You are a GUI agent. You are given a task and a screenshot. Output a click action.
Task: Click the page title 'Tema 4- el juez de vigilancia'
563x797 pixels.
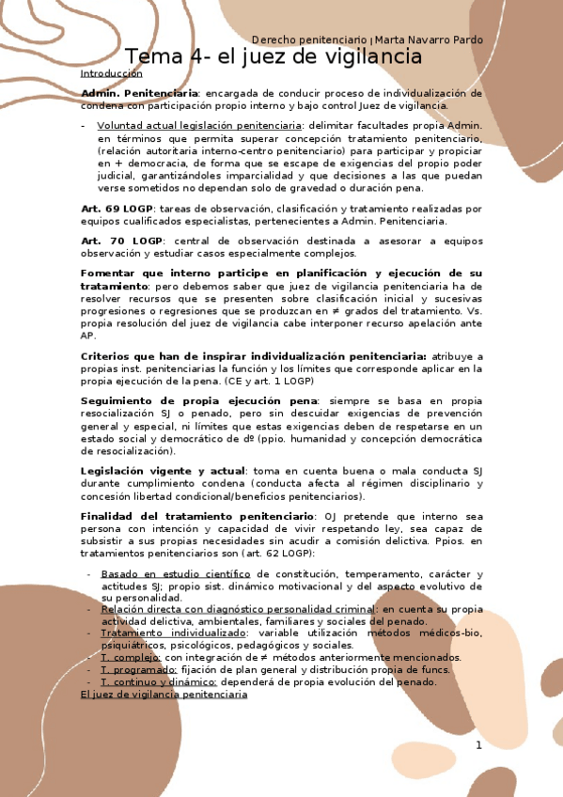[x=274, y=57]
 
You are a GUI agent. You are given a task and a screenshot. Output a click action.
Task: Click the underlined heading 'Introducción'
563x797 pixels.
[x=111, y=73]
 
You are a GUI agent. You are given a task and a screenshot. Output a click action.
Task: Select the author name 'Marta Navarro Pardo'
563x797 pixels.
[x=430, y=40]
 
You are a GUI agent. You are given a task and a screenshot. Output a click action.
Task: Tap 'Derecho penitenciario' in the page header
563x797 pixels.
[x=309, y=40]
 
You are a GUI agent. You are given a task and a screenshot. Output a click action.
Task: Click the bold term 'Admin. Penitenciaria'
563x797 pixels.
[x=139, y=94]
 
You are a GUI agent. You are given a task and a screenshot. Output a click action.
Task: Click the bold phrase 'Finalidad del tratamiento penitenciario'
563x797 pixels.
[x=197, y=517]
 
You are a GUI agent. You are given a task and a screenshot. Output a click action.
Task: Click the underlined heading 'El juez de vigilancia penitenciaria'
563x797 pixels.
[x=164, y=695]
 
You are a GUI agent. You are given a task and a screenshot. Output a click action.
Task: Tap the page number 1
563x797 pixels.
[x=477, y=745]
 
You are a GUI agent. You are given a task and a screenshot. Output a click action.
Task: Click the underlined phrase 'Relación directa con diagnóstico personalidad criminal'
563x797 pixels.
[x=235, y=609]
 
